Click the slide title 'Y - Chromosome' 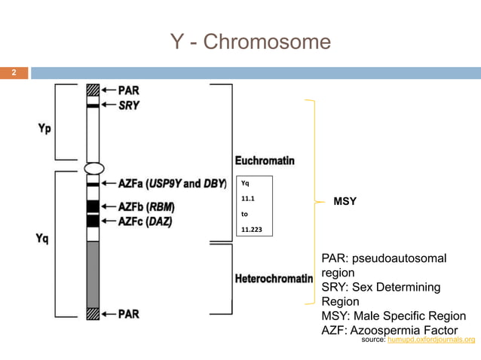tap(251, 43)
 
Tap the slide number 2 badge tap(13, 73)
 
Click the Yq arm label tap(44, 239)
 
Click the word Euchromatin tap(265, 160)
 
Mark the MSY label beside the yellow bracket tap(345, 203)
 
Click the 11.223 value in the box tap(251, 229)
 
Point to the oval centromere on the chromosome tap(93, 168)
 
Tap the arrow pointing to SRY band tap(108, 106)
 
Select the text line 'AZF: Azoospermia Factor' tap(390, 330)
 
